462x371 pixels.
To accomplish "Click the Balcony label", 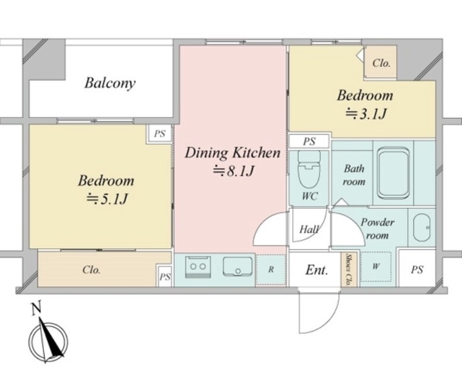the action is [x=110, y=83].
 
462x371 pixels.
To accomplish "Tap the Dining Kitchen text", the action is [x=232, y=153].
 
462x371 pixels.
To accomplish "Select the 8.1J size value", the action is [x=233, y=171].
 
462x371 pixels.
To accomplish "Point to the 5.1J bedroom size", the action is [x=107, y=199].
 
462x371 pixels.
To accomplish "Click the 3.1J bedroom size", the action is [x=365, y=114].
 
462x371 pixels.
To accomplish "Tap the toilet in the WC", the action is [x=308, y=170].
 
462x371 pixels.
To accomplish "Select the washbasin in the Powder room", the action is [x=422, y=227].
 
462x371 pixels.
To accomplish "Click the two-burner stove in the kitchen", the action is [x=198, y=267].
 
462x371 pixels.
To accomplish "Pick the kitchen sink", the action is [x=238, y=267].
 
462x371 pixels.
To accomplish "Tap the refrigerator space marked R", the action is [x=271, y=269].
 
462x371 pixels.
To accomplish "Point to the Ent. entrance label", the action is [x=317, y=269].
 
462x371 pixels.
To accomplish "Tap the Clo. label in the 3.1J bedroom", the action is [x=381, y=63].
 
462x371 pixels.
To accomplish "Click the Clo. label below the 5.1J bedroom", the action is [x=91, y=269].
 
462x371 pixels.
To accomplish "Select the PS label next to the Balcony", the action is [x=160, y=134].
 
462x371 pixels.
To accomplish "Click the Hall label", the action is [x=309, y=229].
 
